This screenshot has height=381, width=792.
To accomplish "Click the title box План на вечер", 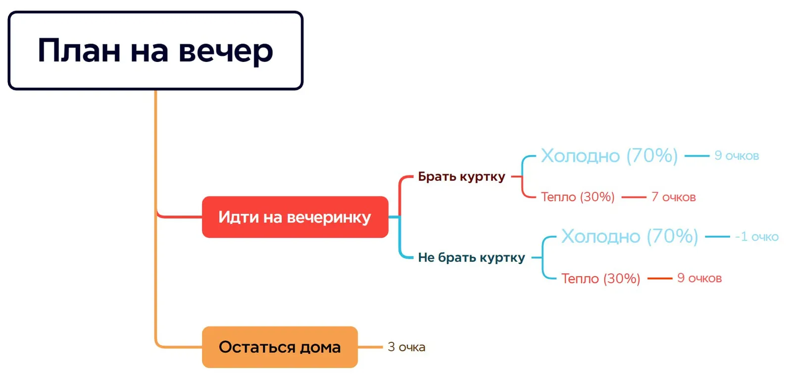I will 155,51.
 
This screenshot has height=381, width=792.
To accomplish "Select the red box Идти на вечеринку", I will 295,217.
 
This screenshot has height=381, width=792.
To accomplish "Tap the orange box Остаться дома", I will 280,347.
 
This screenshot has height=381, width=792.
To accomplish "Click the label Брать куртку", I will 461,176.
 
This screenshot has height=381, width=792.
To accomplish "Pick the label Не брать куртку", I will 471,258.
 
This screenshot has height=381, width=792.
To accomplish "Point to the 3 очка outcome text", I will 406,347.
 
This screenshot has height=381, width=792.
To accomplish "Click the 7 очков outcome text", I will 673,197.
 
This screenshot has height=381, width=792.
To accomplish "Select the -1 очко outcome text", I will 756,237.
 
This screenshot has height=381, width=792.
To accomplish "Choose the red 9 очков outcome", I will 699,278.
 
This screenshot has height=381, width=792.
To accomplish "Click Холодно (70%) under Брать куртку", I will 609,156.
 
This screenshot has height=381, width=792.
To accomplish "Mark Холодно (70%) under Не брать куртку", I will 630,236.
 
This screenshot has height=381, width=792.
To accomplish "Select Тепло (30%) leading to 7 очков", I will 578,197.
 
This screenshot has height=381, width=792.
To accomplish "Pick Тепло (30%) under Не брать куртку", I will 600,278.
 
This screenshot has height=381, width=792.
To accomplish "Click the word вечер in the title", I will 226,51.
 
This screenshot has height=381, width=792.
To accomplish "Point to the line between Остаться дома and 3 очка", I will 370,347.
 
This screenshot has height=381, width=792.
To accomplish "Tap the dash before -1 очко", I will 717,237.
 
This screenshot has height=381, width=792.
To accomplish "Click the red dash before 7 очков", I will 634,197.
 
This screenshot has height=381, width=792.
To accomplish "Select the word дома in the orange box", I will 320,347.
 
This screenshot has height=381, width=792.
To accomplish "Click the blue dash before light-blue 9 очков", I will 697,156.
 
